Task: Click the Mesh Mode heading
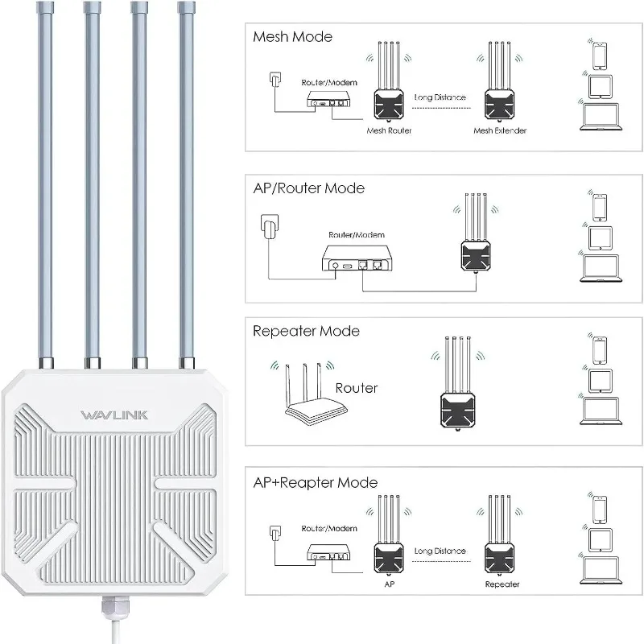click(292, 36)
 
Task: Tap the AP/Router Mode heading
click(308, 188)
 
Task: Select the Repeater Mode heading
click(306, 331)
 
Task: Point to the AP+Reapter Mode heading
click(315, 482)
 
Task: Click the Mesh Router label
click(389, 130)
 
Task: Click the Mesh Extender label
click(500, 130)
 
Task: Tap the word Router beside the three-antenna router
click(357, 387)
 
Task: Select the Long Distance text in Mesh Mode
click(440, 97)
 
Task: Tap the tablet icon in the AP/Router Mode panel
click(600, 238)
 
